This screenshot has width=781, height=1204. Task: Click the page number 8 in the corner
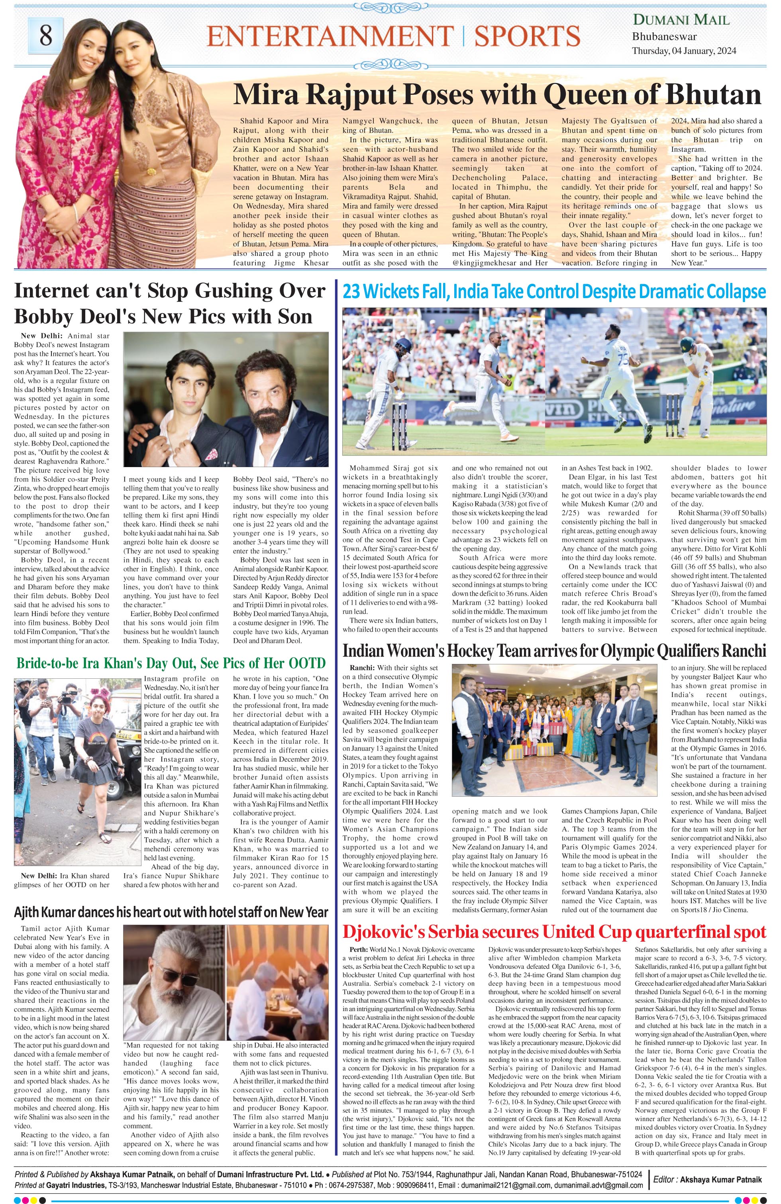[45, 35]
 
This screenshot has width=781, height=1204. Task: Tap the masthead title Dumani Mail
[681, 20]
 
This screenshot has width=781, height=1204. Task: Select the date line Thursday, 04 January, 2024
[684, 51]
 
